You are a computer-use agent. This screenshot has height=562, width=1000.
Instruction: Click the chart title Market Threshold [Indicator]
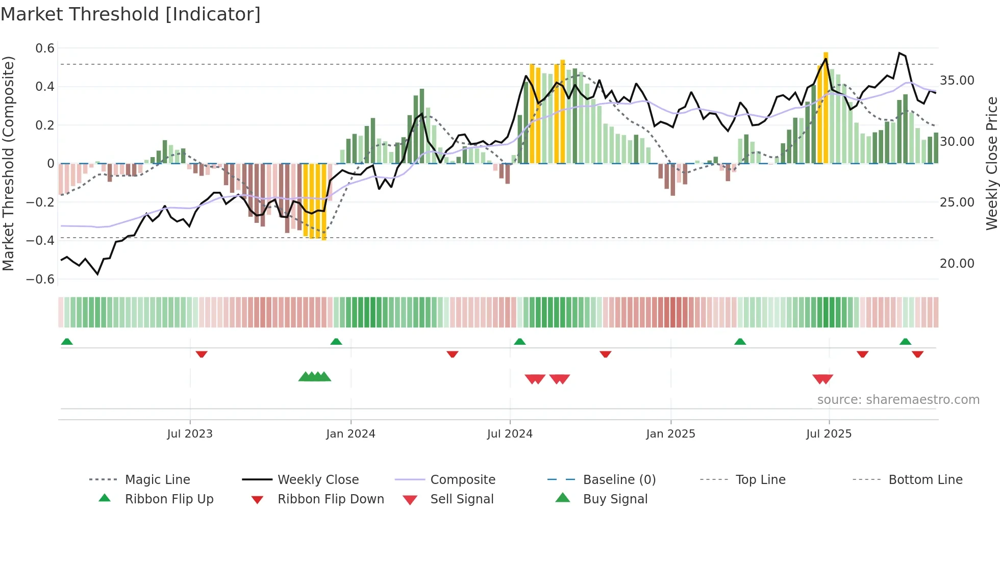[x=131, y=14]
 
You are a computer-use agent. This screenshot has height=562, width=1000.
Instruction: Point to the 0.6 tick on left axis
[x=44, y=48]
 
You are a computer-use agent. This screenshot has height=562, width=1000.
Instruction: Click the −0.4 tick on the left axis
[x=40, y=240]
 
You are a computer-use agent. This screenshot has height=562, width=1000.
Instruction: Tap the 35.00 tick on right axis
[x=957, y=81]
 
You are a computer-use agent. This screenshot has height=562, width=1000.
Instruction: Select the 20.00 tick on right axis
[x=957, y=264]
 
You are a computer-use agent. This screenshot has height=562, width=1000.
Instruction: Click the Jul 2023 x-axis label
[x=190, y=434]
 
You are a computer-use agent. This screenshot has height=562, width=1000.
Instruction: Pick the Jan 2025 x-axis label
[x=670, y=434]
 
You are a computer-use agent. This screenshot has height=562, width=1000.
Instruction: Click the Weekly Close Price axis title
[x=991, y=163]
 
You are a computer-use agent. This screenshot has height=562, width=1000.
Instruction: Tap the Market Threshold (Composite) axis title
[x=8, y=163]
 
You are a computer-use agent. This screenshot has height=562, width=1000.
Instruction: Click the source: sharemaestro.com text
[x=898, y=400]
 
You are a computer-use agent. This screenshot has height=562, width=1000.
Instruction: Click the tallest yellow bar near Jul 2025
[x=826, y=107]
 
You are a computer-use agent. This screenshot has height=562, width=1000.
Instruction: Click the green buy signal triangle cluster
[x=315, y=377]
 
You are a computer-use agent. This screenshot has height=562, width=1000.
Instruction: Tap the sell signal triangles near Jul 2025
[x=822, y=379]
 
